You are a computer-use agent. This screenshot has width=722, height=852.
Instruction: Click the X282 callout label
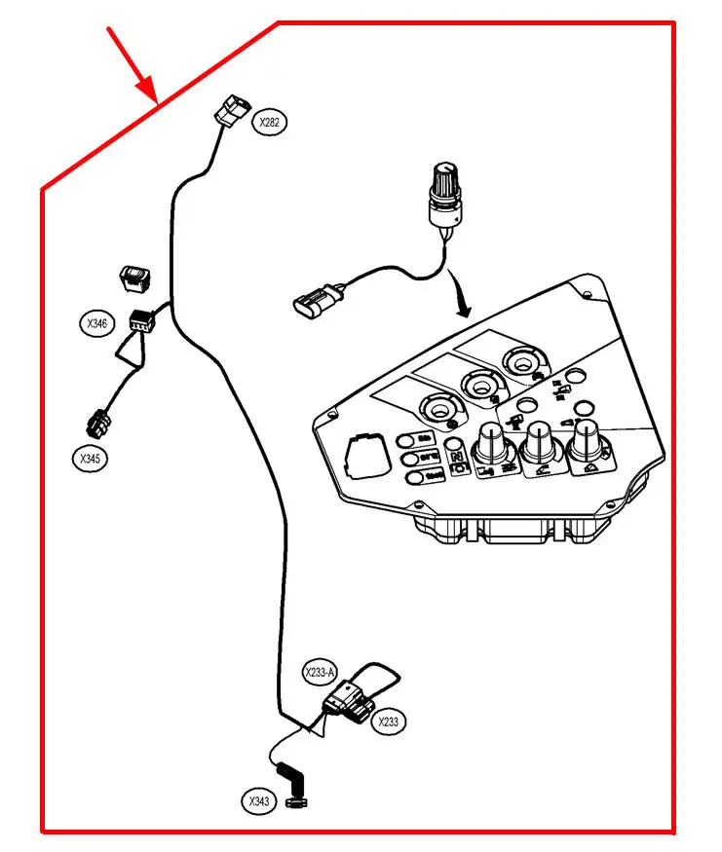(x=270, y=122)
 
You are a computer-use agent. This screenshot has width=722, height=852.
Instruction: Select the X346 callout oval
(x=96, y=323)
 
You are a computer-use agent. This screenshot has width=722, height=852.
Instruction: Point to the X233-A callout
(x=319, y=673)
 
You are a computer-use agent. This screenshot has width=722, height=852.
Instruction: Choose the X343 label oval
(x=258, y=801)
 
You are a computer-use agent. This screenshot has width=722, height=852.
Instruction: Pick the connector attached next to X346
(x=142, y=319)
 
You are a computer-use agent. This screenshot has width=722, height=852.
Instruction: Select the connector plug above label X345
(x=98, y=422)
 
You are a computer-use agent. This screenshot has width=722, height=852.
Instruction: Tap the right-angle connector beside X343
(x=293, y=786)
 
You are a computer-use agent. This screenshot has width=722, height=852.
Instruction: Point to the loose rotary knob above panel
(x=445, y=189)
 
